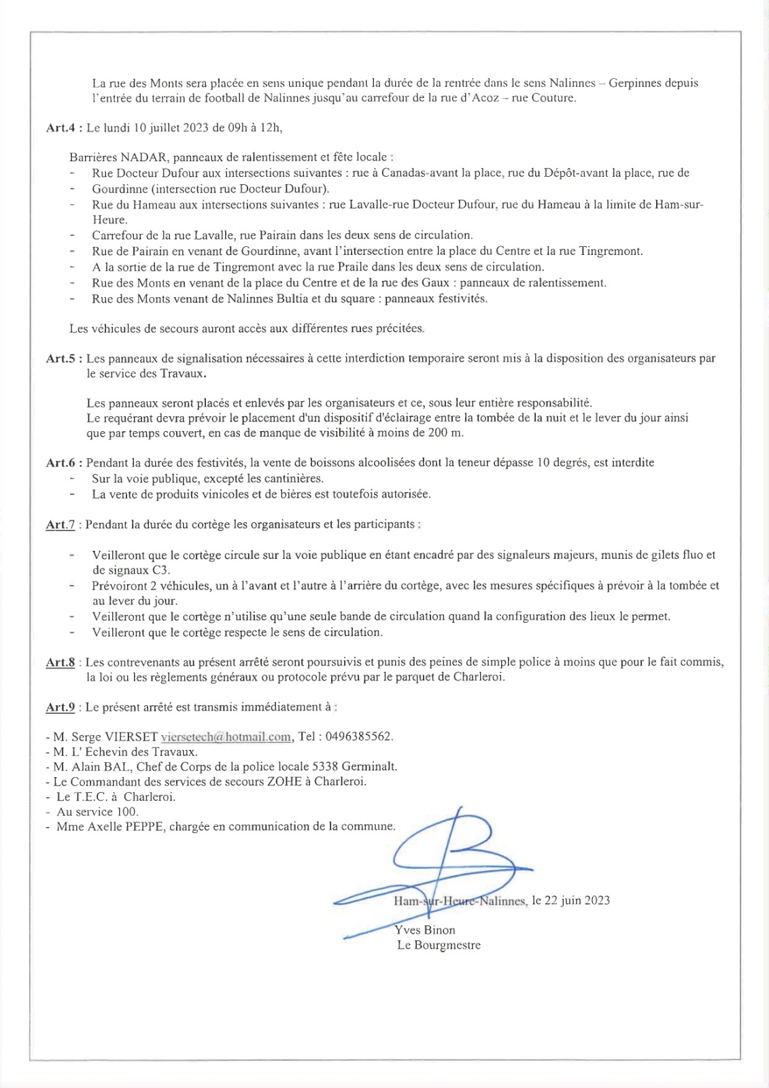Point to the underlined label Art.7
(60, 524)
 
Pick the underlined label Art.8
(60, 662)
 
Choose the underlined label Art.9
(60, 707)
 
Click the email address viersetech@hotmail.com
(226, 736)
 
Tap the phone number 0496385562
(358, 736)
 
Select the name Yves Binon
(425, 930)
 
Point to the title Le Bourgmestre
(439, 945)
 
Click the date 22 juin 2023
(578, 900)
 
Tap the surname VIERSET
(131, 736)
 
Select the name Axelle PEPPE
(126, 827)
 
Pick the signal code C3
(160, 571)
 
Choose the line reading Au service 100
(97, 812)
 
